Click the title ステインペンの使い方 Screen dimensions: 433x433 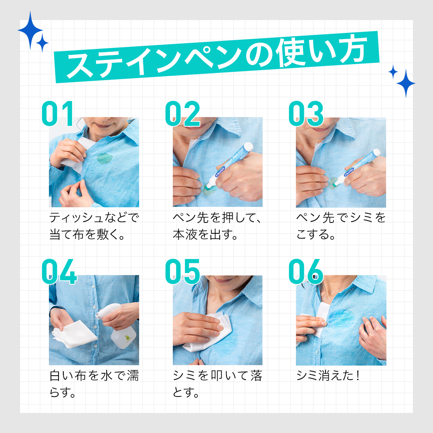(216, 57)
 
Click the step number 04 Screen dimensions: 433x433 (59, 272)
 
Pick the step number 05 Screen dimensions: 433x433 (182, 272)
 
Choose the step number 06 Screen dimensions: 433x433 (306, 272)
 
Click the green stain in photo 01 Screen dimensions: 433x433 (105, 159)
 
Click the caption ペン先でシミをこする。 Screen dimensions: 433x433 (341, 226)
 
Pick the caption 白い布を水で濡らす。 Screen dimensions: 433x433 (94, 384)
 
